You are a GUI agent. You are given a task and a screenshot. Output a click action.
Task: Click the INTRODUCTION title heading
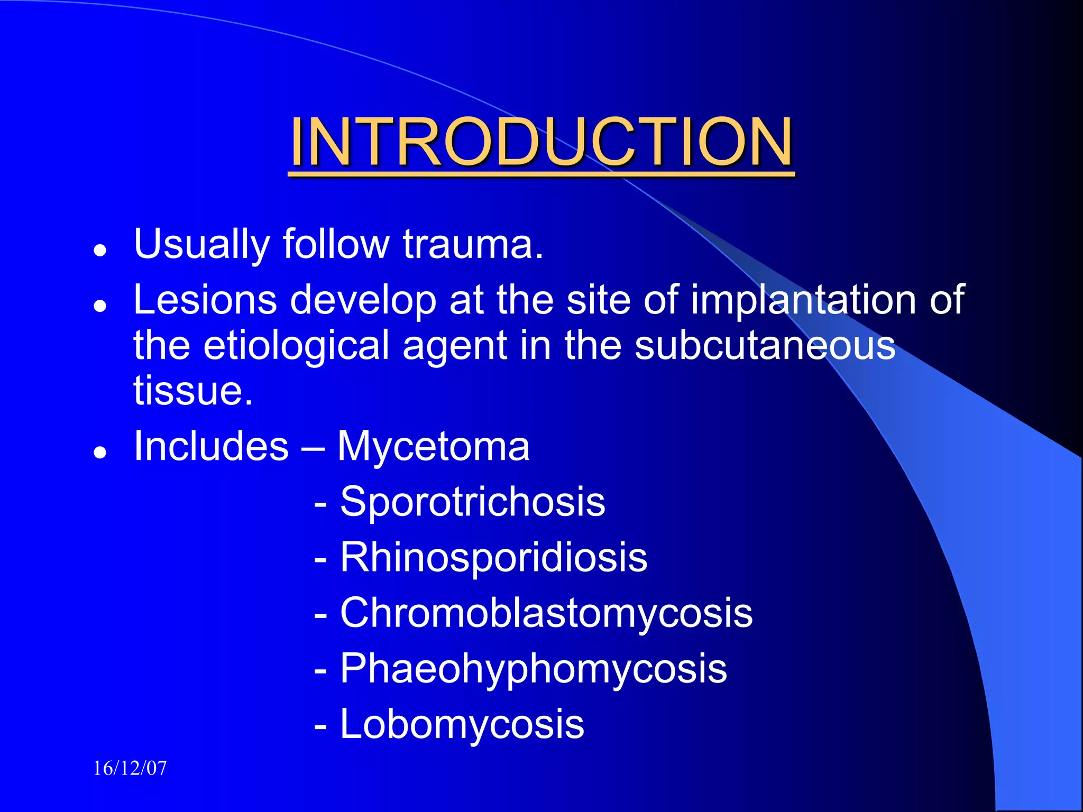pos(541,142)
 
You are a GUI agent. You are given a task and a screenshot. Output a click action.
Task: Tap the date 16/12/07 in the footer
pos(130,768)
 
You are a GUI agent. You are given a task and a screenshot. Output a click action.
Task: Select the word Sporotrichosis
pos(472,502)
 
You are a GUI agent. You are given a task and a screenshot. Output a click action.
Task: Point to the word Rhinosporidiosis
pos(493,557)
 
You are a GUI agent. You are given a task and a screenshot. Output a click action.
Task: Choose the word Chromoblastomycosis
pos(546,613)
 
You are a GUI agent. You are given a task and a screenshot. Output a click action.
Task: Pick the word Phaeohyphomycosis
pos(533,669)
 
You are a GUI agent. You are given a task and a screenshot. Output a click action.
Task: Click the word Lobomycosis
pos(462,724)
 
